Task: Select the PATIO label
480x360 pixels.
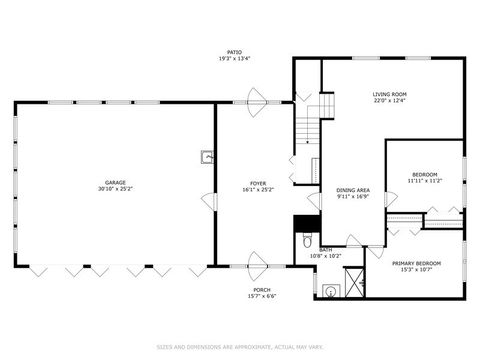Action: (x=234, y=52)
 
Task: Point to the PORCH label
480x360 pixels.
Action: (x=261, y=289)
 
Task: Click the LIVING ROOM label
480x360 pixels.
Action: (x=389, y=94)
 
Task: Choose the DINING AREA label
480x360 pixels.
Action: (x=353, y=190)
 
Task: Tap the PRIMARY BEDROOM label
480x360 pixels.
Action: (x=421, y=262)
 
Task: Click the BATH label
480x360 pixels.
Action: (x=326, y=250)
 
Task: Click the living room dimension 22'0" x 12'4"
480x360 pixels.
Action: (x=389, y=100)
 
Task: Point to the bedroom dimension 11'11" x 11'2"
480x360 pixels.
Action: (x=424, y=182)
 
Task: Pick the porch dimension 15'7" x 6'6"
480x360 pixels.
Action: (x=261, y=296)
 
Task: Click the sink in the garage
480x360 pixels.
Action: (x=207, y=156)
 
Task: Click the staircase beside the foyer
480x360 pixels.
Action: (x=307, y=126)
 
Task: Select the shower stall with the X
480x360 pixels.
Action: (x=352, y=290)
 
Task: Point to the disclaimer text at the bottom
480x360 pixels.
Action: (x=239, y=347)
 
